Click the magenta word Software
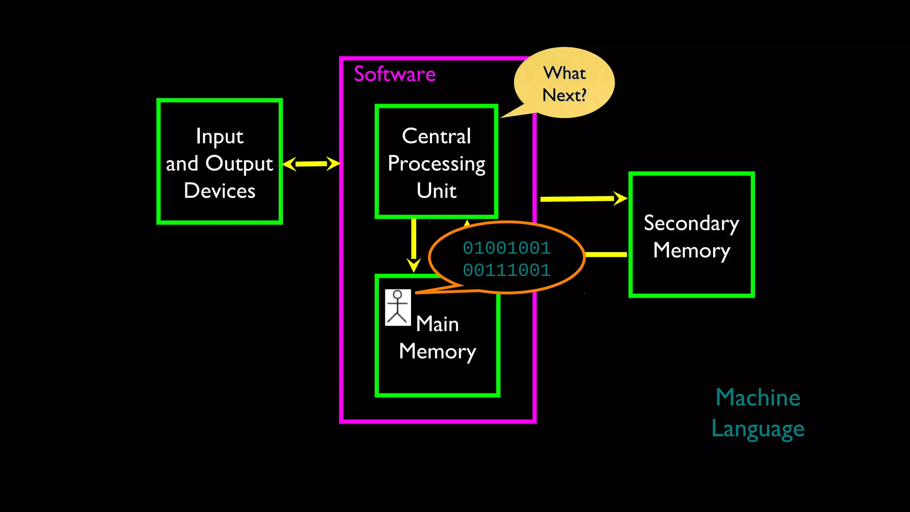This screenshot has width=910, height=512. coord(395,74)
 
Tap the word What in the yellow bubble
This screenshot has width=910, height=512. coord(564,73)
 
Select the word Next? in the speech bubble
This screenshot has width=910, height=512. coord(564,95)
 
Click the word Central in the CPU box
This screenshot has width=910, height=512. coord(436,136)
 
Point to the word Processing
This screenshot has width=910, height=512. coord(436,164)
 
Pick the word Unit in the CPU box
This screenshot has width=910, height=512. coord(436,191)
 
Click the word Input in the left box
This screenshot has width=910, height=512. coord(220,136)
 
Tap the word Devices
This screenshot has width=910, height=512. coord(220,191)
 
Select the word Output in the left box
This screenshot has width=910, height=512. coord(239,164)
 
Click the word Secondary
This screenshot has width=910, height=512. coord(691,223)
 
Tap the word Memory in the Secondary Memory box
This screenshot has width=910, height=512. coord(691,251)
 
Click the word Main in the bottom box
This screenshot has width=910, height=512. coord(437,324)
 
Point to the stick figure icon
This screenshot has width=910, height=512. coord(398,308)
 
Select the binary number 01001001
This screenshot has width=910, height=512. coord(507,248)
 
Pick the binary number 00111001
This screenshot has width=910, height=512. coord(507,270)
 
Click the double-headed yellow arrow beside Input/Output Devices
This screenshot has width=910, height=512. coord(311,164)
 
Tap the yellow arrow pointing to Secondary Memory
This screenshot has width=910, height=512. coord(582,199)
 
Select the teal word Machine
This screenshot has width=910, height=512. coord(758,398)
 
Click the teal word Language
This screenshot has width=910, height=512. coord(758,429)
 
